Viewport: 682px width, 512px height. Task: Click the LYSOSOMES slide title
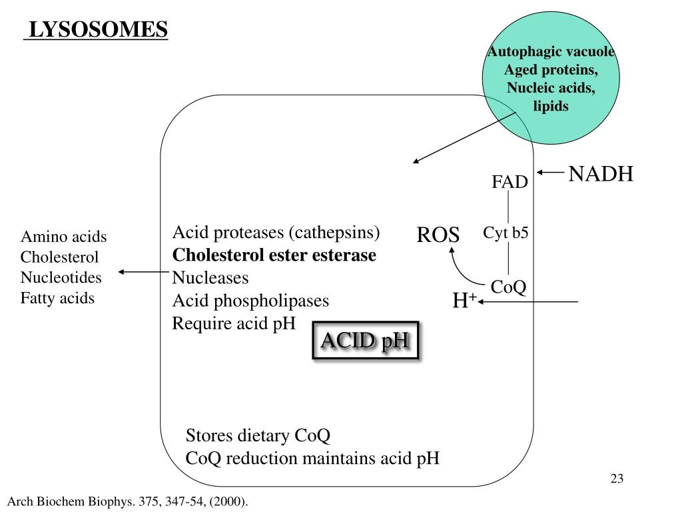[96, 30]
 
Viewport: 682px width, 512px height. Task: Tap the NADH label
[601, 175]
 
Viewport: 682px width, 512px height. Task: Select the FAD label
[510, 182]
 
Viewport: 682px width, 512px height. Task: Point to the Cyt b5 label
[506, 233]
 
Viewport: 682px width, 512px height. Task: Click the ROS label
[438, 235]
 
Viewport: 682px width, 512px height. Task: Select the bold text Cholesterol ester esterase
[274, 255]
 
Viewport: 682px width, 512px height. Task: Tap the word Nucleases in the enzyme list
[210, 277]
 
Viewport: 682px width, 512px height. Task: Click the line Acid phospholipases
[250, 301]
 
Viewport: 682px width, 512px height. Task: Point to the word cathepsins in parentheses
[334, 233]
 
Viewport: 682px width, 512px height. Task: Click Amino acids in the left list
[64, 237]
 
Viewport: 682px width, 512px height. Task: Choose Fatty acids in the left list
[57, 298]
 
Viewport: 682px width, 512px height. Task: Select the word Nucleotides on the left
[61, 277]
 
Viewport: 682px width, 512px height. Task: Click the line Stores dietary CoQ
[258, 436]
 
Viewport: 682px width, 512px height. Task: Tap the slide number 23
[616, 479]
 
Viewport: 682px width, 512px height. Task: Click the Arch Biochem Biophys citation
[127, 501]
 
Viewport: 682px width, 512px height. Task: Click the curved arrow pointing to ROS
[462, 268]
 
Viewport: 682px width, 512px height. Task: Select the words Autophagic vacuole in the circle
[550, 53]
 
